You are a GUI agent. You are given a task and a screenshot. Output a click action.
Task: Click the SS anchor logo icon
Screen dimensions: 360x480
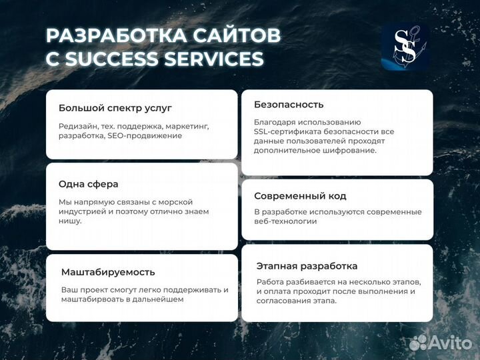click(x=405, y=47)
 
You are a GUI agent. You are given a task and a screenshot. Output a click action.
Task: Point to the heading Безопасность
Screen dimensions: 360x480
click(x=289, y=104)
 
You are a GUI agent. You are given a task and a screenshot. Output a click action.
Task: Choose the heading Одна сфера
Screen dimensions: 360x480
click(x=88, y=184)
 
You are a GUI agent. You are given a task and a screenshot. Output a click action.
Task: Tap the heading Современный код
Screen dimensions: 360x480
click(x=300, y=196)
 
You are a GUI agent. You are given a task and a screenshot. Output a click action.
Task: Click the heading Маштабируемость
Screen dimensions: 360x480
click(x=107, y=272)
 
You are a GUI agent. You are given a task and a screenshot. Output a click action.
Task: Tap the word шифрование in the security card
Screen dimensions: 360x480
click(x=351, y=150)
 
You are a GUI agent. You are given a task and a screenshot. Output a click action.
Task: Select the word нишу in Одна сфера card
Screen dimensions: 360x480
click(x=69, y=221)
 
